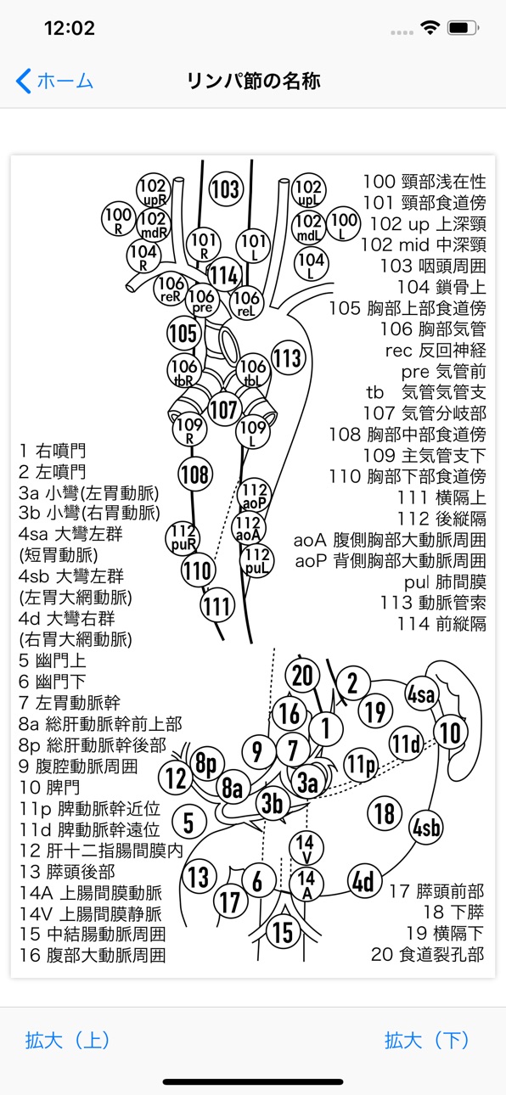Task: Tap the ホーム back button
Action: pos(54,81)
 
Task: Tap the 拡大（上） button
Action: pos(67,1040)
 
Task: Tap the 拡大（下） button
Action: pos(427,1040)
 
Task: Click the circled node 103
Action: pos(225,189)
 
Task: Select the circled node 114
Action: pos(224,275)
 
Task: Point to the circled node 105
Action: pos(183,334)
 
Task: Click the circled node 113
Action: pos(288,358)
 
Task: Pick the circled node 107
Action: pos(224,409)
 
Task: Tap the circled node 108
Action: pos(194,474)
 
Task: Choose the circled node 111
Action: pos(217,606)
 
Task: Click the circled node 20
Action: pos(302,676)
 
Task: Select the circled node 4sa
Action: pos(422,693)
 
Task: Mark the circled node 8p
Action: pos(205,764)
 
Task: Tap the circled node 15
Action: pos(283,932)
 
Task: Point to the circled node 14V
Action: pos(305,849)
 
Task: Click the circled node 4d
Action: pos(363,881)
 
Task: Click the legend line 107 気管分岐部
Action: pos(424,413)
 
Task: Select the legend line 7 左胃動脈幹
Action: pos(70,703)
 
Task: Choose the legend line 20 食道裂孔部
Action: pos(428,954)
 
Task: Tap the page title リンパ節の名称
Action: pos(253,81)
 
